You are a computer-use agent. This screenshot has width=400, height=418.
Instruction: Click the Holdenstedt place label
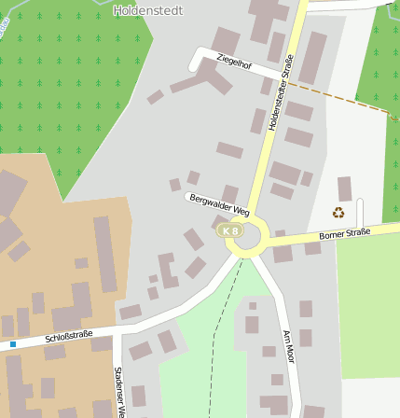[147, 10]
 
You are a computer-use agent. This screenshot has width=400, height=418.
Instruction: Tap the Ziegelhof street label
[234, 63]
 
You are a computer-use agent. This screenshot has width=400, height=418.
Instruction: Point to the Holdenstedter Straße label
[281, 94]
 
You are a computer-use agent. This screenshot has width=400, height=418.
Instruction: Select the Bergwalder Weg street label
[219, 204]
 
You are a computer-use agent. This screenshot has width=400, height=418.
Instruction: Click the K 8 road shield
[229, 230]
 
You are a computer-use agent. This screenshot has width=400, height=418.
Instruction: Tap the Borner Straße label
[344, 233]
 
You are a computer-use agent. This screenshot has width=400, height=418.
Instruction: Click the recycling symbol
[338, 213]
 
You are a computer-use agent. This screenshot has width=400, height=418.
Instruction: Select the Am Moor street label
[290, 346]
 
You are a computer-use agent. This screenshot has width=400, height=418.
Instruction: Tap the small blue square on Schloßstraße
[13, 344]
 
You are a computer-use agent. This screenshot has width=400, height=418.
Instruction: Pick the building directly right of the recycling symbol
[345, 188]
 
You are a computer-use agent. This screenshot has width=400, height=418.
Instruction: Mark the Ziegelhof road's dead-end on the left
[197, 64]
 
